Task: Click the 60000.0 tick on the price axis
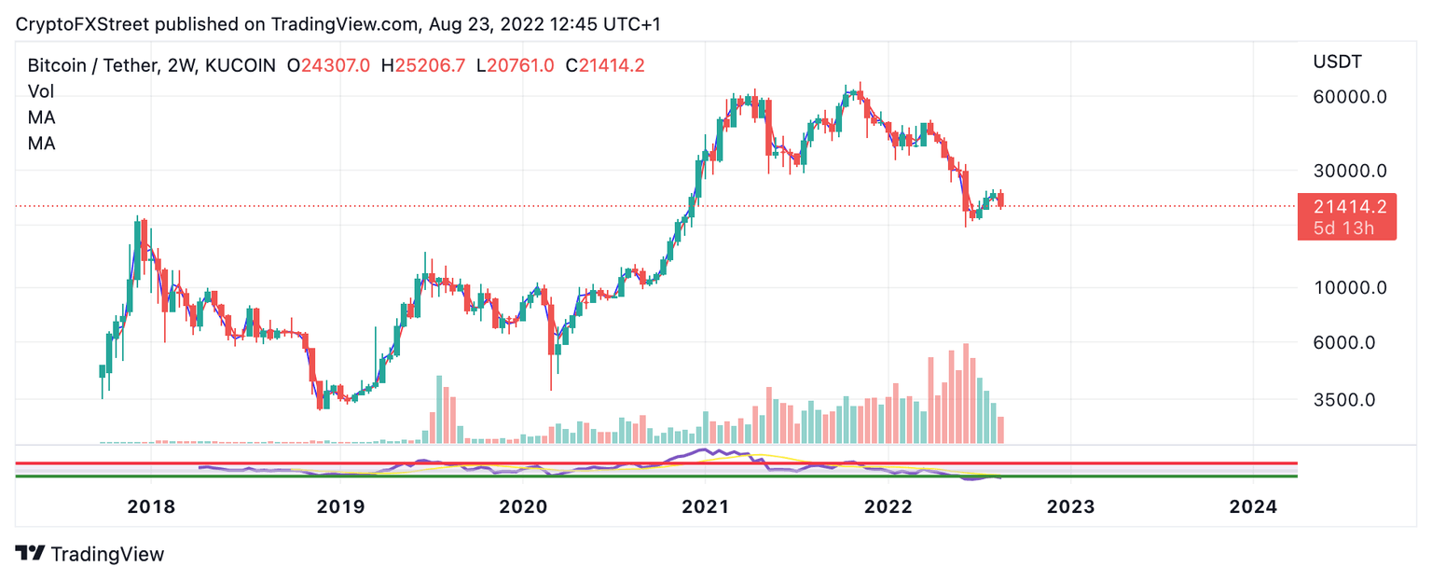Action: pyautogui.click(x=1350, y=96)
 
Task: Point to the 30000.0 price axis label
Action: pyautogui.click(x=1350, y=171)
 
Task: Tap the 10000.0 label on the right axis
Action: pyautogui.click(x=1350, y=287)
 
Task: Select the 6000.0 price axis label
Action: pyautogui.click(x=1344, y=342)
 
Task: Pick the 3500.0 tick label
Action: pyautogui.click(x=1344, y=400)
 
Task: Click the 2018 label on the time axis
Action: pyautogui.click(x=151, y=506)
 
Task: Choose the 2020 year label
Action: pyautogui.click(x=522, y=506)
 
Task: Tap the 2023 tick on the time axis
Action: pyautogui.click(x=1070, y=506)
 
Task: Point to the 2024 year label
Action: pyautogui.click(x=1253, y=506)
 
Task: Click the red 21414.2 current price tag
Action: pyautogui.click(x=1347, y=207)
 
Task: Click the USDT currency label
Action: pyautogui.click(x=1337, y=62)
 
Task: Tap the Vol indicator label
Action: pyautogui.click(x=41, y=91)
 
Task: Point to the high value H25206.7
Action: pyautogui.click(x=423, y=65)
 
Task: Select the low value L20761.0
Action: pyautogui.click(x=516, y=65)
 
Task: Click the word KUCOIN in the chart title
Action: pyautogui.click(x=240, y=65)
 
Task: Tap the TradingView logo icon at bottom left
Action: pyautogui.click(x=30, y=553)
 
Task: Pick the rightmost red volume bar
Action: pyautogui.click(x=1001, y=430)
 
